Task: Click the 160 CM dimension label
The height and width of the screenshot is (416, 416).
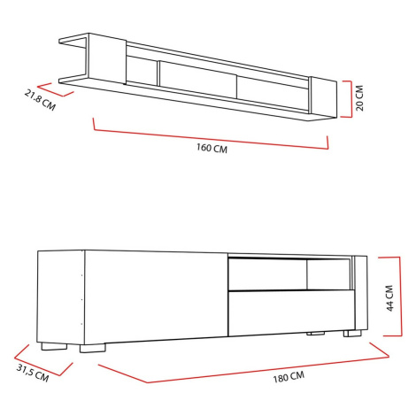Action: [x=212, y=148]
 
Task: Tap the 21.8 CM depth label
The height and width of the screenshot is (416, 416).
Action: [x=40, y=100]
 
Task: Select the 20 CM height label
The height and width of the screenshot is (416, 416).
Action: [x=359, y=98]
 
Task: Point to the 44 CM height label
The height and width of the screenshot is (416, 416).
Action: [x=389, y=298]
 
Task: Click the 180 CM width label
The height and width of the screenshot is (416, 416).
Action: [x=289, y=377]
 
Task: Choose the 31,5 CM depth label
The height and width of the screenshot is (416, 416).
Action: [x=32, y=374]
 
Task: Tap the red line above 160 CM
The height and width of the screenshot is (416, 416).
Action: [x=212, y=138]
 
